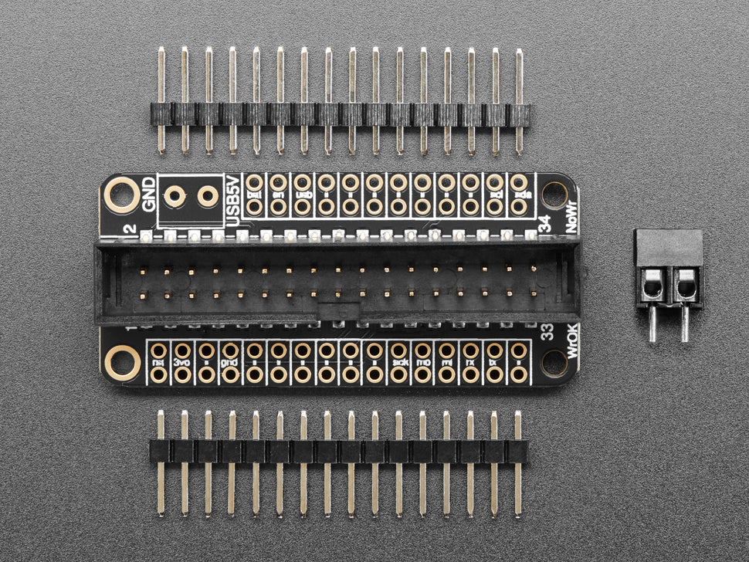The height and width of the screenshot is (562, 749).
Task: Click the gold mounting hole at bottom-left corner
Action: (x=122, y=361)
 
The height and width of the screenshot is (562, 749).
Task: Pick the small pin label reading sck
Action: (x=398, y=362)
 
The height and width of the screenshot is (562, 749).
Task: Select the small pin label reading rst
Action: (x=158, y=362)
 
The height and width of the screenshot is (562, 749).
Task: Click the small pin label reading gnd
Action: (x=230, y=362)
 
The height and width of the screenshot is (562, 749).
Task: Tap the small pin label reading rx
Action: (x=470, y=362)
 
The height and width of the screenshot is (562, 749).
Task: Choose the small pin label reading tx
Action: (x=494, y=362)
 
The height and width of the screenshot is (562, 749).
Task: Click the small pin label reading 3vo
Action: (x=182, y=362)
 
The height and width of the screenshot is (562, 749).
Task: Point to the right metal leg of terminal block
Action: (x=684, y=324)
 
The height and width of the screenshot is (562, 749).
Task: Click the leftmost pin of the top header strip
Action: (x=161, y=100)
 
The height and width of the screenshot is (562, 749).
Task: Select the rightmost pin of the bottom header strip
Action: (x=518, y=463)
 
